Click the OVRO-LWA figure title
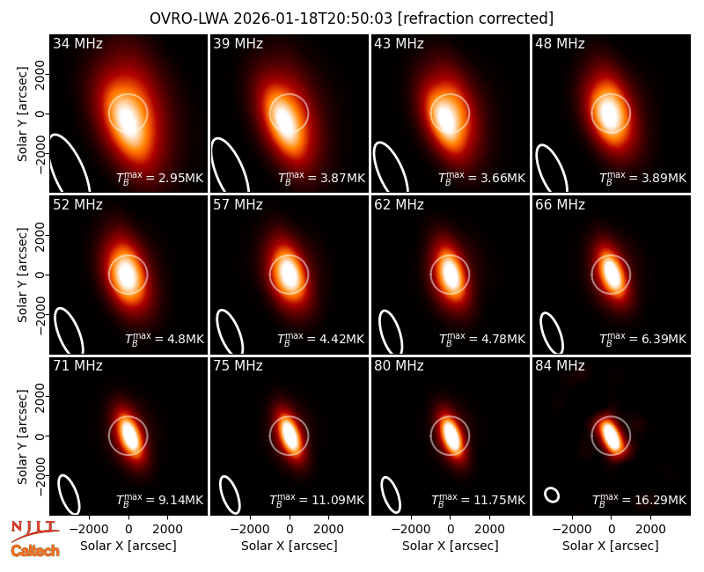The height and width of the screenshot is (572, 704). [x=351, y=18]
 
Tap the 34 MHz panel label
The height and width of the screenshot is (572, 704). [x=77, y=43]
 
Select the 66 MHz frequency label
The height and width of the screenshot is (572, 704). [x=560, y=205]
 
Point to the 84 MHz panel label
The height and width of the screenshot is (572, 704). [x=560, y=366]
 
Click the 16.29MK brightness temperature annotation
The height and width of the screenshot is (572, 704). [x=640, y=499]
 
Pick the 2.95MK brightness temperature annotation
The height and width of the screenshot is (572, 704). [x=160, y=178]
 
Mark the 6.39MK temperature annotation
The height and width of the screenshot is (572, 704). [x=643, y=339]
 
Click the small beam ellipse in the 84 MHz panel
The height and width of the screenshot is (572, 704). [x=552, y=495]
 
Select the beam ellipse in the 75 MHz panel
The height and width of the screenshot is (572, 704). [x=230, y=495]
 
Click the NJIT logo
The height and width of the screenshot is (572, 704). [x=34, y=530]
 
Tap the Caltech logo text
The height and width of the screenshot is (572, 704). [x=35, y=551]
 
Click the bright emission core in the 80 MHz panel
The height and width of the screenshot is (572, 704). [x=451, y=435]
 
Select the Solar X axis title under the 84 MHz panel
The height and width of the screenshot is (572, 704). [x=611, y=546]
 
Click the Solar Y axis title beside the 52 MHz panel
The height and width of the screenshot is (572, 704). [x=23, y=275]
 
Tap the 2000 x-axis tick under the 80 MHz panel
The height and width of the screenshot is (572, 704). [x=489, y=529]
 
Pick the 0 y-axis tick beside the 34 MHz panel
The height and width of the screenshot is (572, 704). [x=40, y=114]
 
